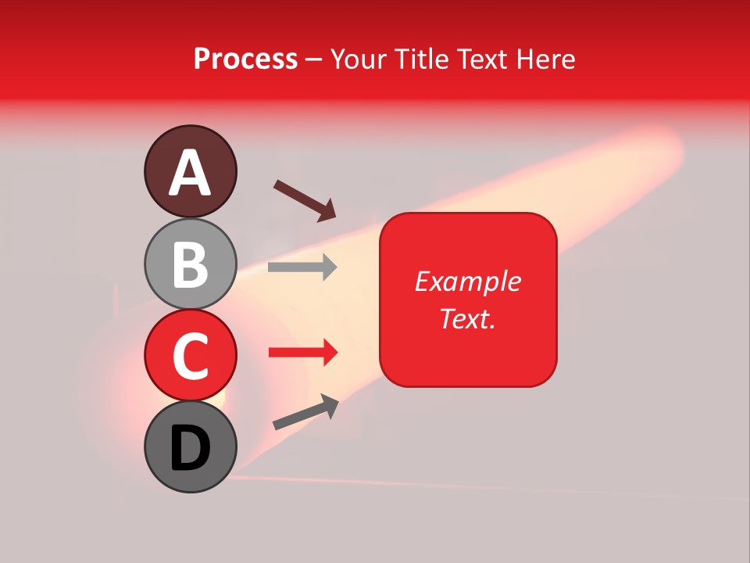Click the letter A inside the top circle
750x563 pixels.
click(x=190, y=173)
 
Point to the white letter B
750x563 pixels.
click(x=190, y=264)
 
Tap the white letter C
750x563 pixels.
click(x=190, y=356)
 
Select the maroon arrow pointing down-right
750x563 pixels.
click(x=305, y=200)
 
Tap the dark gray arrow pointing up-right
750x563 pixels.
click(x=305, y=412)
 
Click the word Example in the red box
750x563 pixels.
click(x=467, y=281)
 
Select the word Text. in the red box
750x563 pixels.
click(x=467, y=317)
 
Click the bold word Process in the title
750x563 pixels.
click(x=245, y=59)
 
